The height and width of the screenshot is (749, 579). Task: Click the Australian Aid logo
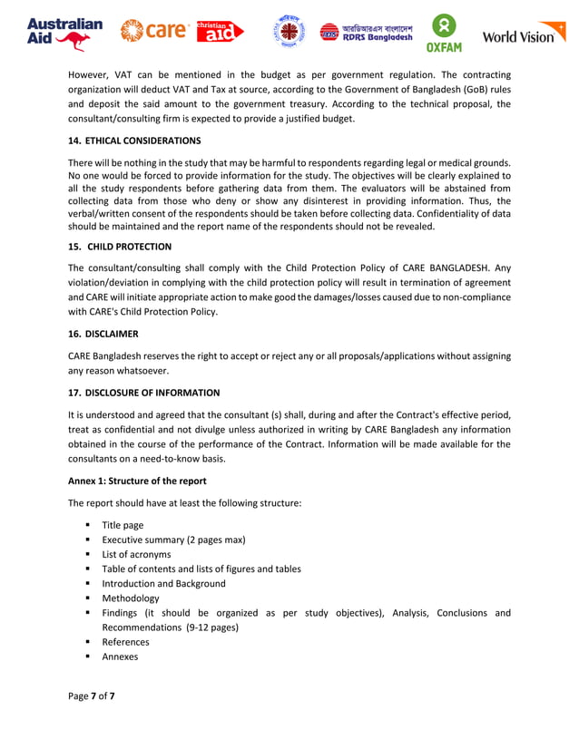64,34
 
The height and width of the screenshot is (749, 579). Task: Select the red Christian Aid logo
221,32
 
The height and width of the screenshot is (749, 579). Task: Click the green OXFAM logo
445,34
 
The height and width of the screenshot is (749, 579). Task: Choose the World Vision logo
523,35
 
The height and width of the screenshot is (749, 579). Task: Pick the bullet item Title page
123,525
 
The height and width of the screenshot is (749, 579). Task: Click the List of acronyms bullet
136,554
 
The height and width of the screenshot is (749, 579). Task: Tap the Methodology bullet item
131,598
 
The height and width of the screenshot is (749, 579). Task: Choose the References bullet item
125,641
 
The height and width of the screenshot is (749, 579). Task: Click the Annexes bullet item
120,656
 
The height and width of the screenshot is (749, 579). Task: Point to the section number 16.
75,334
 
